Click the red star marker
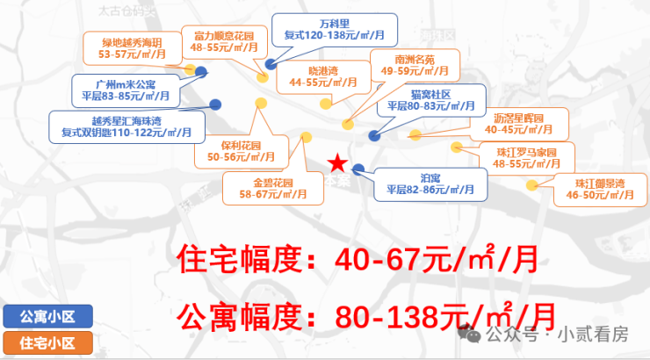(x=336, y=162)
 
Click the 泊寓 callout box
(x=430, y=183)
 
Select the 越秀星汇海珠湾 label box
(x=126, y=126)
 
